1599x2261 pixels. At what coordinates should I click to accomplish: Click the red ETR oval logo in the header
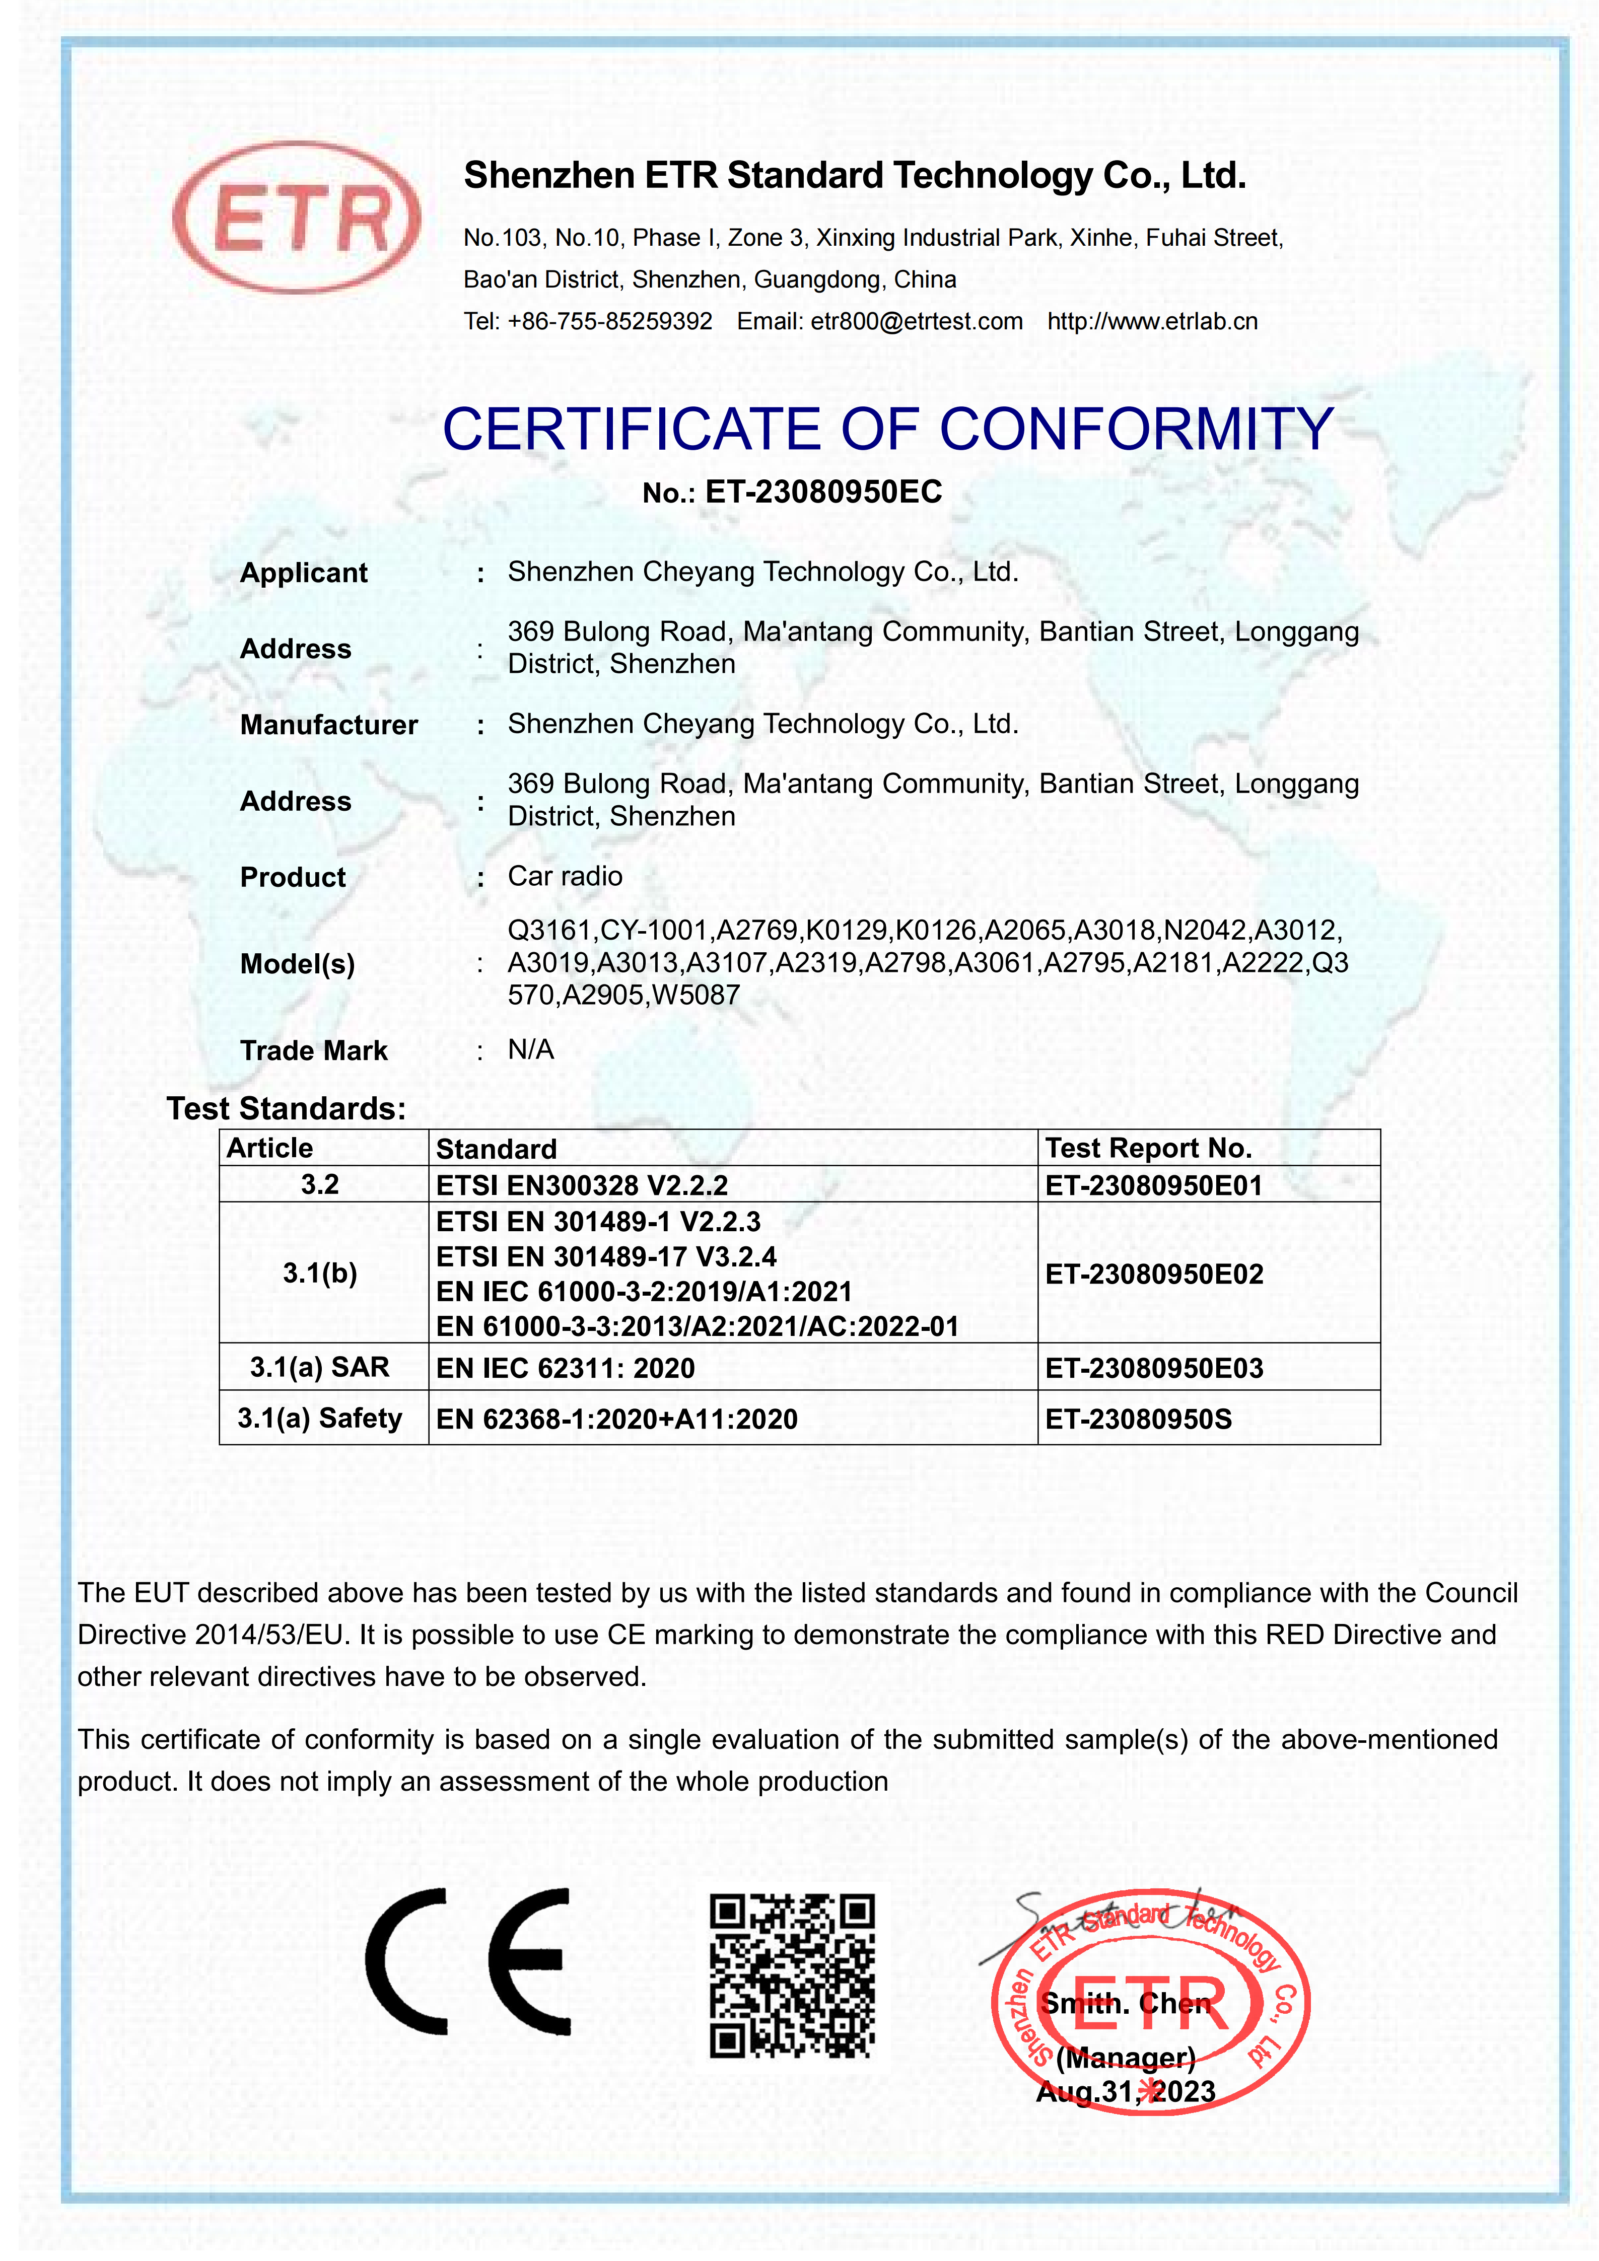point(296,218)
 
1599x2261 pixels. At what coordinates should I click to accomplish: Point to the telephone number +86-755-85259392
point(609,321)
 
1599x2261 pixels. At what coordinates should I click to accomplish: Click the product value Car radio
point(565,876)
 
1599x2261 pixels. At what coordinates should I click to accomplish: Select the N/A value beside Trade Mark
point(531,1050)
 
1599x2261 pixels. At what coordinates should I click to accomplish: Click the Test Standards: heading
point(286,1109)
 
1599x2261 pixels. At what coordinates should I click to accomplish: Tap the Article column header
point(270,1148)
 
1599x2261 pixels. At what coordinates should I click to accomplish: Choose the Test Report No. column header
point(1148,1148)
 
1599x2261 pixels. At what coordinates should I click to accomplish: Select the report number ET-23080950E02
point(1154,1275)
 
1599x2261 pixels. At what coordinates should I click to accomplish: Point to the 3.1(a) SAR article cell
point(320,1367)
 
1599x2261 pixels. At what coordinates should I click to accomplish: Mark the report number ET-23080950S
point(1138,1419)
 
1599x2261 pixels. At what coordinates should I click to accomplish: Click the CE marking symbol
point(468,1961)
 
